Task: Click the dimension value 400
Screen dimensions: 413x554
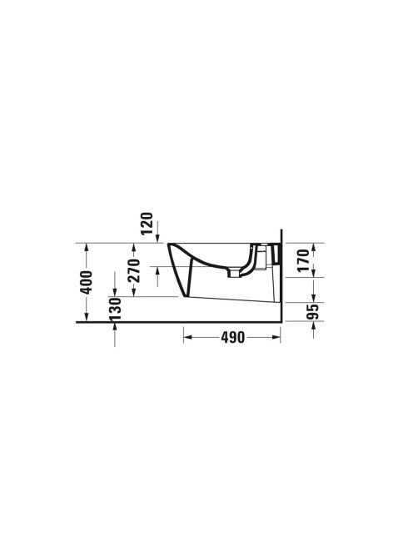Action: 87,282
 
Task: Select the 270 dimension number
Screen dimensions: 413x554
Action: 134,271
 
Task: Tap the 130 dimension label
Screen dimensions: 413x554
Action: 115,309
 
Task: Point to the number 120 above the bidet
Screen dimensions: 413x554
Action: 147,224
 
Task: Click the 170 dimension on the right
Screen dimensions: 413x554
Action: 303,261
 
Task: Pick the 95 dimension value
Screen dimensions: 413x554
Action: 312,311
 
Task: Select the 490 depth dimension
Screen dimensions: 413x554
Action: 233,338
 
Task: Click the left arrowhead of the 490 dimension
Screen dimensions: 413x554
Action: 187,337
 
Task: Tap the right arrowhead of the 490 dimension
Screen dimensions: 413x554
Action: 276,337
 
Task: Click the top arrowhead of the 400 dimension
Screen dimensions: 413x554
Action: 87,247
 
